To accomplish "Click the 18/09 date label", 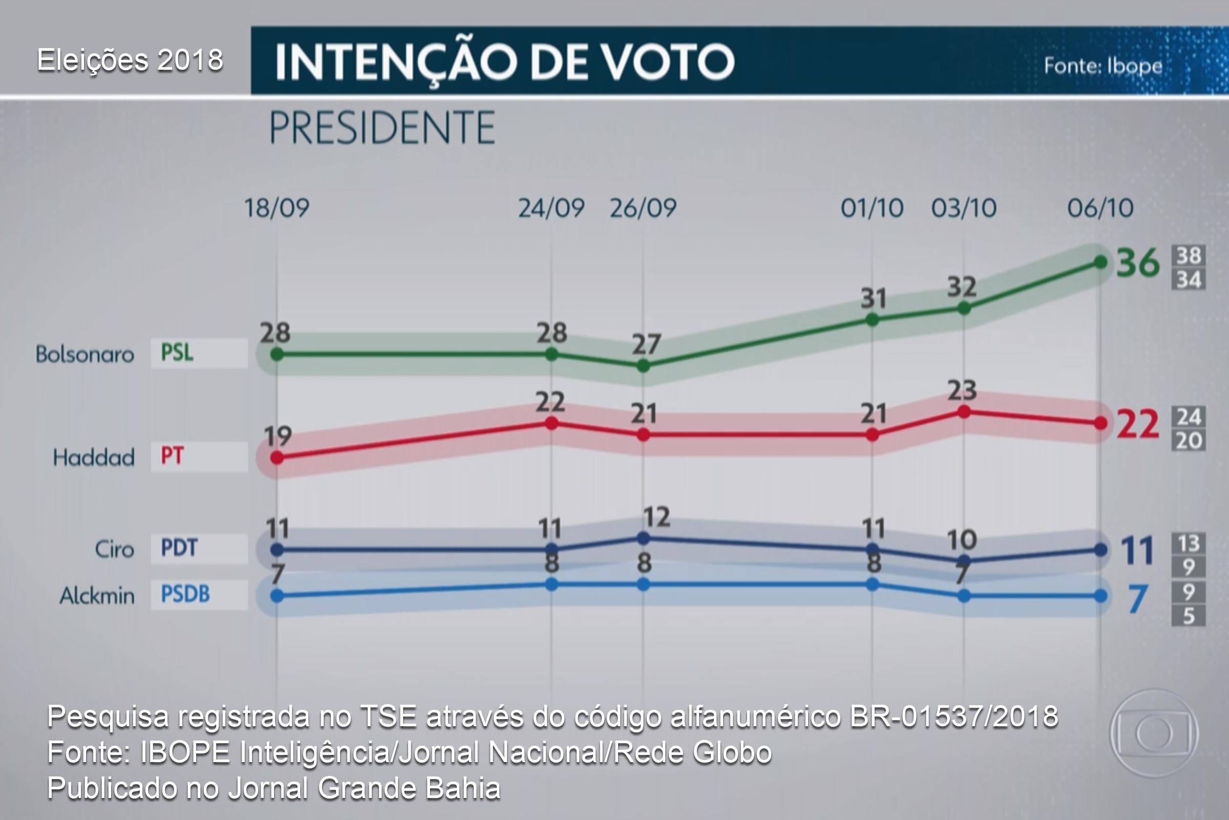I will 277,208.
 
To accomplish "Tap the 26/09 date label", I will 643,208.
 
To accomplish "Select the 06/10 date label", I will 1100,208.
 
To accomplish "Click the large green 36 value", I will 1137,263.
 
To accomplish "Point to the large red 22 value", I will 1137,424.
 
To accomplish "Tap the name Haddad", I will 94,458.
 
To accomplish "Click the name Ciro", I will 114,549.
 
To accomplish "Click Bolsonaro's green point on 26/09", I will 644,366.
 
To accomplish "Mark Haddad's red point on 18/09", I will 277,458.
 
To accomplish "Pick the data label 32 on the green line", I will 962,287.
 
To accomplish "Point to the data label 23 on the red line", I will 962,391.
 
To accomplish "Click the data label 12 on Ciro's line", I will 656,517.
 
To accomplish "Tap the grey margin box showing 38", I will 1188,256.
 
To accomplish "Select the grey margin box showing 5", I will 1188,616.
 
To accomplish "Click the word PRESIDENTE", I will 382,128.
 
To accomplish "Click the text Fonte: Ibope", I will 1103,67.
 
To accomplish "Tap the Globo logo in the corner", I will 1154,733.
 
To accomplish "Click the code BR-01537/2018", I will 953,716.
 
